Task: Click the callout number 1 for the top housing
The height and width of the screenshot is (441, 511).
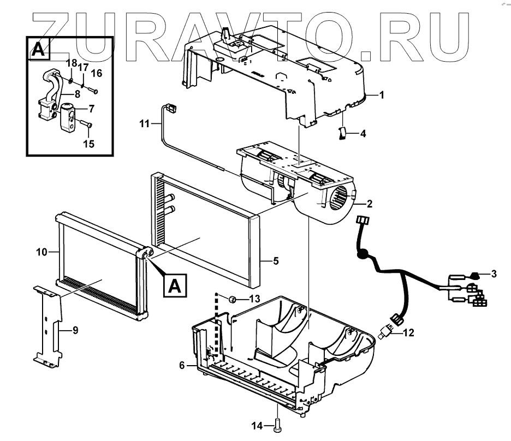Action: (382, 96)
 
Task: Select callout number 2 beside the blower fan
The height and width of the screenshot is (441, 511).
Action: (370, 205)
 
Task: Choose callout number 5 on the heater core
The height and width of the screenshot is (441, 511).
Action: (276, 261)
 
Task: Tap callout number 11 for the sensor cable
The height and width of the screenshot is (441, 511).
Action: (144, 125)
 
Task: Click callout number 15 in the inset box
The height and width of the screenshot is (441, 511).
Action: (88, 144)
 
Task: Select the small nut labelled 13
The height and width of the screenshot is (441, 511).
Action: (232, 299)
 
